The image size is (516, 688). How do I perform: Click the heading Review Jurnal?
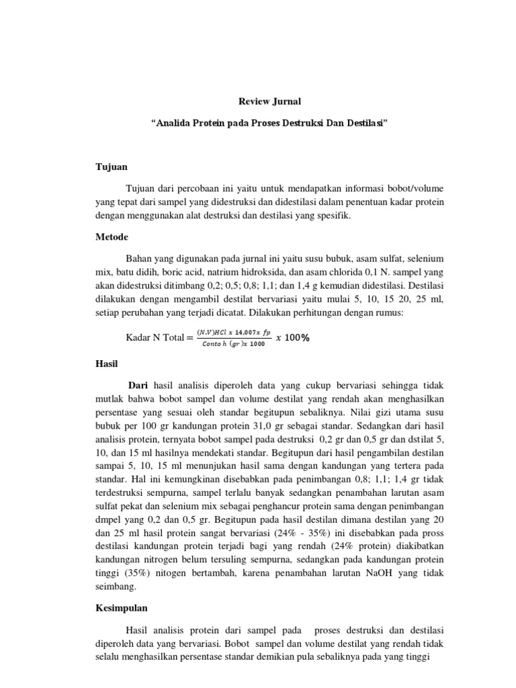270,102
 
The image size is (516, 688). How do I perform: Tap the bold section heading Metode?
111,237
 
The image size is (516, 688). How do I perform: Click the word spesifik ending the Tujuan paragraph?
332,216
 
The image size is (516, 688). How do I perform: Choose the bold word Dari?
138,385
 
